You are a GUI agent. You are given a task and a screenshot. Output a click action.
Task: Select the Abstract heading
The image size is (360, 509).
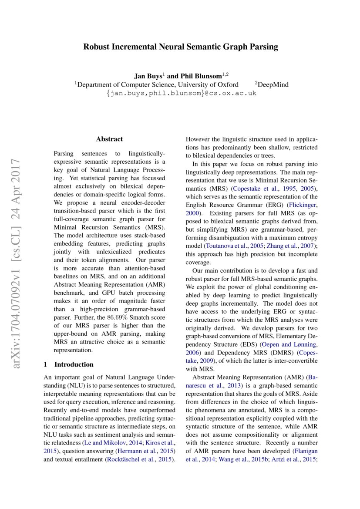click(109, 139)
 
